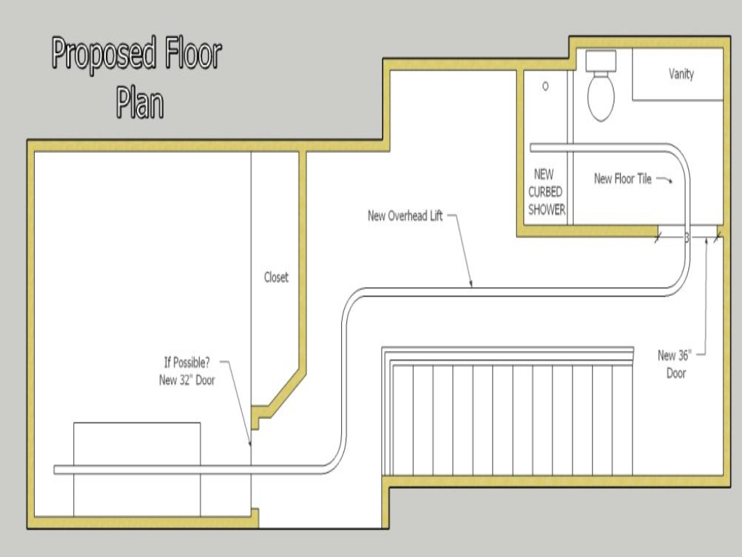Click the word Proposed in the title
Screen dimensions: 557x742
coord(104,56)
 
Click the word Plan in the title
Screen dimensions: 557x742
coord(139,102)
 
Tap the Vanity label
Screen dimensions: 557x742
coord(680,74)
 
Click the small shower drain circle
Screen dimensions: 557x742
coord(546,86)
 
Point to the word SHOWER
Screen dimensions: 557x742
coord(546,210)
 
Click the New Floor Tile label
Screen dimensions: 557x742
coord(622,179)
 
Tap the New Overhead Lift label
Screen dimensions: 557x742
coord(405,216)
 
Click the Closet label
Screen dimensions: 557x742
coord(275,277)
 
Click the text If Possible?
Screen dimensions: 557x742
coord(186,363)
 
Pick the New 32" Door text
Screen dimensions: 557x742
coord(187,380)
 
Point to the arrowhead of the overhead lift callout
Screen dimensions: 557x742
coord(471,284)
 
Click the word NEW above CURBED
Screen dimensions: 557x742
coord(543,174)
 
